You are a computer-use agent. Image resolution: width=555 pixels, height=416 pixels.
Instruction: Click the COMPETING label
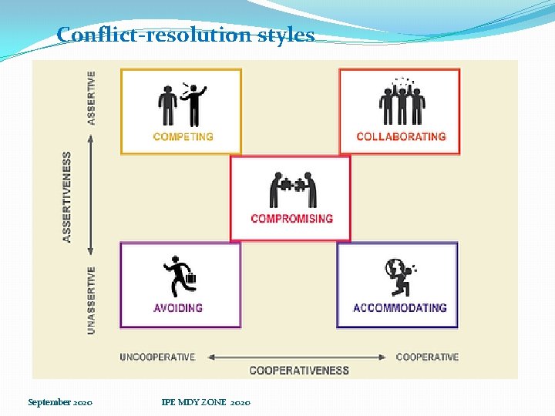pos(183,137)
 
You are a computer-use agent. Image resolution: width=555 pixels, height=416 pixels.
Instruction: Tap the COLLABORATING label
pos(401,137)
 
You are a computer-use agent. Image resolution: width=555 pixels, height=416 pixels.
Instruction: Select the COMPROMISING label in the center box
pos(291,219)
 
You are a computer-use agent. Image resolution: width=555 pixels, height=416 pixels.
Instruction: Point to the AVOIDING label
pos(178,308)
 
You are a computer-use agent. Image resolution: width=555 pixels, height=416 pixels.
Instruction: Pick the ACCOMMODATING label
pos(399,308)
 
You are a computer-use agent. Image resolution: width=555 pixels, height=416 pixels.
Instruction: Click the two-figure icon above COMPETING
pos(183,104)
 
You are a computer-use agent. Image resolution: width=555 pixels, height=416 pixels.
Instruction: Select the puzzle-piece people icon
pos(292,189)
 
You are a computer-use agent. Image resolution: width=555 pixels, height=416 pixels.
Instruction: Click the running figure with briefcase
pos(180,275)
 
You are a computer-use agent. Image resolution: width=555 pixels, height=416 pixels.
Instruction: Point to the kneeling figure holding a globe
pos(399,276)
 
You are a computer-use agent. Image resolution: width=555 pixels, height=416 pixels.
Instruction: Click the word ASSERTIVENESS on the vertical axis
pos(68,197)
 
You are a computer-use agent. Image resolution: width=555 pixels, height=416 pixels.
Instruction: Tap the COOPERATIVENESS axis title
pos(299,371)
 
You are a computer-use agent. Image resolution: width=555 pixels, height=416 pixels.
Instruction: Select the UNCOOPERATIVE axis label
pos(157,357)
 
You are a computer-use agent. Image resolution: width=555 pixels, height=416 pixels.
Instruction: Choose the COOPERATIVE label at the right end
pos(427,357)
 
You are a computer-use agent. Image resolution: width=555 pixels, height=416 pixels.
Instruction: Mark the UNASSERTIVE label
pos(92,300)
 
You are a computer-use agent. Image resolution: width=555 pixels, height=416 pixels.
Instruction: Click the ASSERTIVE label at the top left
pos(92,98)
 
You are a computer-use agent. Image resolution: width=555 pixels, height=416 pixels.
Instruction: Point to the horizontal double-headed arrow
pos(296,357)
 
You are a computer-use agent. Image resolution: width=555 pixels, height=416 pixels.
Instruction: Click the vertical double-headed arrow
pos(92,197)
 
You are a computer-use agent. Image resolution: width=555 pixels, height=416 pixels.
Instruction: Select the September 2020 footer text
pos(60,402)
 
